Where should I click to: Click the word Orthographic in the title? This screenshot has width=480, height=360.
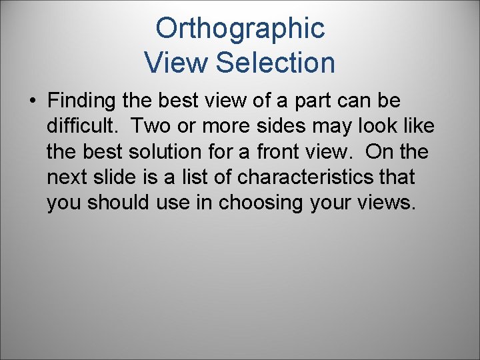coord(240,29)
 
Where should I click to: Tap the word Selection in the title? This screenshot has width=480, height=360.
coord(275,63)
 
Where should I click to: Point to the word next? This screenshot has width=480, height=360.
coord(67,177)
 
